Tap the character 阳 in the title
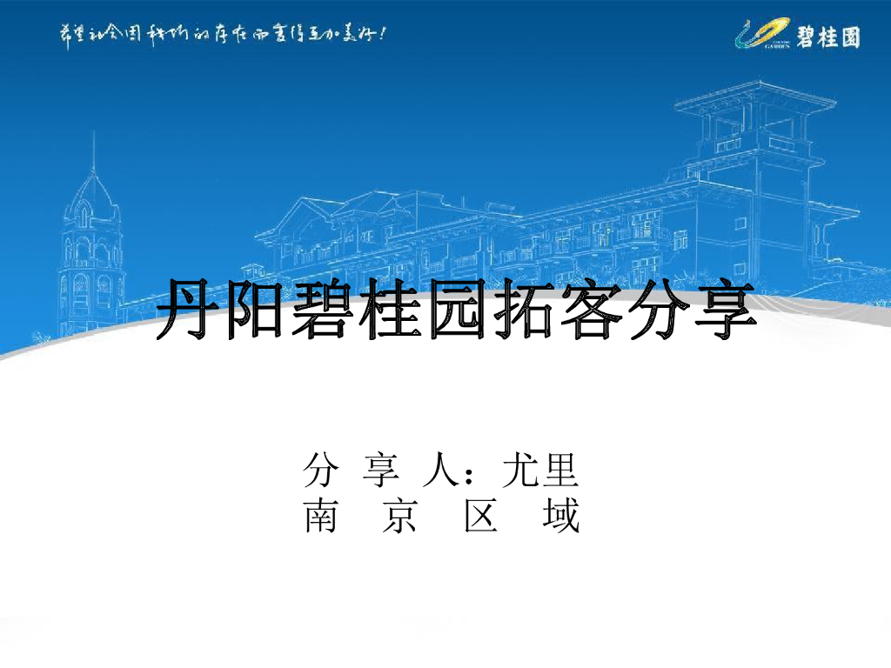(x=253, y=311)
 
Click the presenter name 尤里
(x=540, y=471)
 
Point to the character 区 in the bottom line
(x=481, y=517)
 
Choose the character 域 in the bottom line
(x=561, y=517)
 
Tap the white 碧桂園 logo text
(x=827, y=37)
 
